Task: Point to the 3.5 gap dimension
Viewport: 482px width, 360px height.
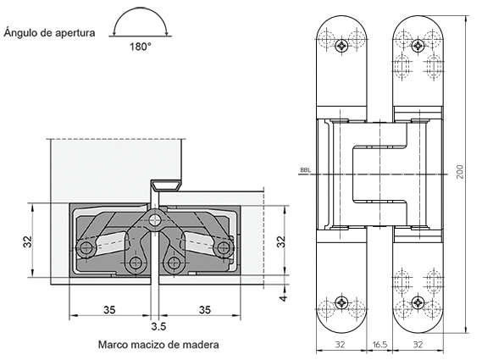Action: tap(158, 325)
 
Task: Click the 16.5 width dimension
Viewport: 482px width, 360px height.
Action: tap(380, 346)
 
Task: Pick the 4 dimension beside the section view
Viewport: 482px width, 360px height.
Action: tap(284, 296)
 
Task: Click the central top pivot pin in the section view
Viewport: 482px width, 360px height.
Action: tap(154, 221)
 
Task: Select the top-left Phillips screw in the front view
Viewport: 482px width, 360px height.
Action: tap(342, 45)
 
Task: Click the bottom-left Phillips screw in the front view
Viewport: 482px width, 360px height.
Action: tap(342, 302)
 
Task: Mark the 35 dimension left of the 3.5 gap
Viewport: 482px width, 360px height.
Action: tap(108, 310)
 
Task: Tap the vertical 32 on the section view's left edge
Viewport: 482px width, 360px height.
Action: tap(28, 241)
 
